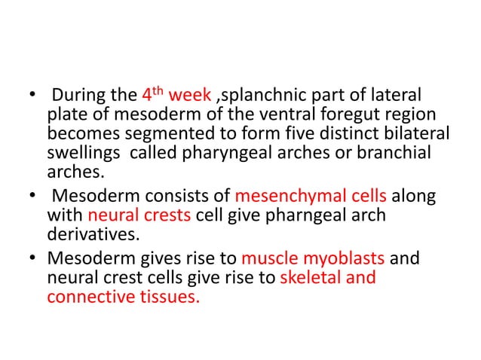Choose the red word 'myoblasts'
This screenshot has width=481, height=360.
click(344, 258)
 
